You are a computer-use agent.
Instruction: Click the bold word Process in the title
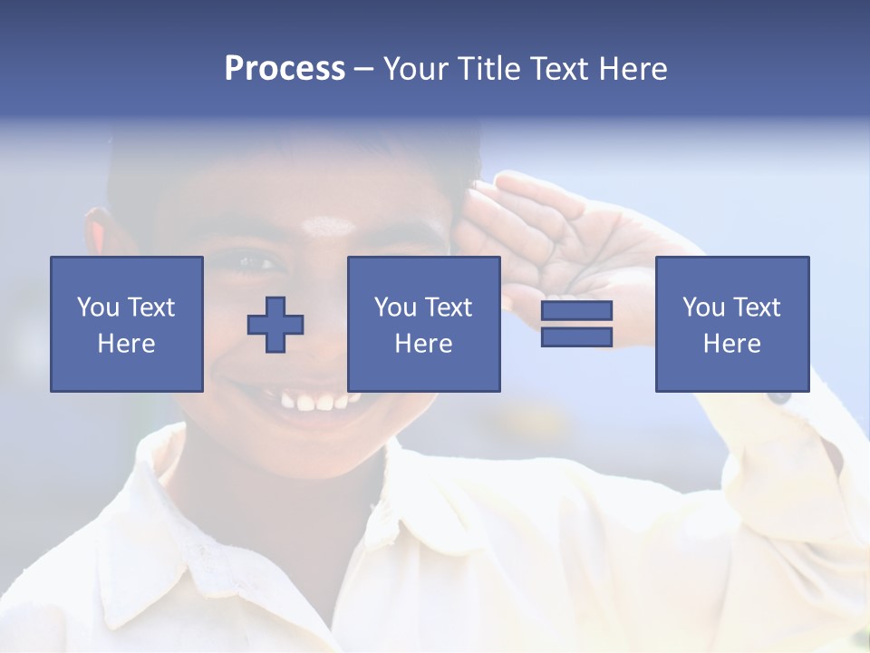pos(285,69)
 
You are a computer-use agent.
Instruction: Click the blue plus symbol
pos(275,325)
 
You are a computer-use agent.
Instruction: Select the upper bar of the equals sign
pos(576,311)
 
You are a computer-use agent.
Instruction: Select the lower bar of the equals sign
pos(576,337)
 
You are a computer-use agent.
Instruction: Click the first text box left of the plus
pos(126,324)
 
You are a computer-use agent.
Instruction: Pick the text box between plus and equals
pos(423,324)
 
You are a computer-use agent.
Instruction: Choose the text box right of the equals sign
pos(731,324)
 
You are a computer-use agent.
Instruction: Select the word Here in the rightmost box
pos(731,344)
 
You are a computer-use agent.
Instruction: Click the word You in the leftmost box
pos(98,307)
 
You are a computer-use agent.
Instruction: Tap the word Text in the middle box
pos(449,307)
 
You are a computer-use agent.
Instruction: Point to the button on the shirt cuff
pos(778,396)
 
